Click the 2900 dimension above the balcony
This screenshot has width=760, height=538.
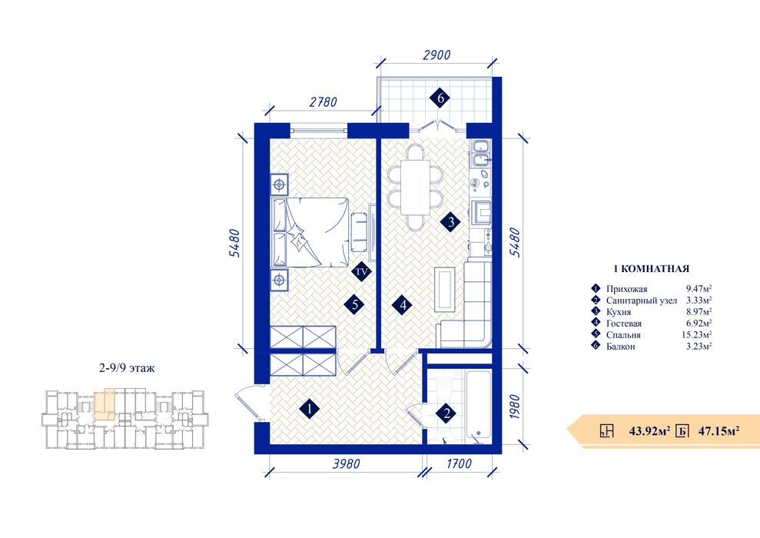(x=436, y=55)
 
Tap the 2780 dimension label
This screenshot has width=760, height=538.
(x=323, y=101)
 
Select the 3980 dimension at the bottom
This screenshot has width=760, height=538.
(x=346, y=464)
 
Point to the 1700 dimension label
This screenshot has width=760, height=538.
(x=459, y=464)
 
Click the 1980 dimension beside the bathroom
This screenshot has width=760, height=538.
(x=515, y=407)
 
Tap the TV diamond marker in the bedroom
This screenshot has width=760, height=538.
(x=361, y=271)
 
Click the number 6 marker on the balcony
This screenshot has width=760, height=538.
(x=440, y=98)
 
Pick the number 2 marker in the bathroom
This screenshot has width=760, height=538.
(x=446, y=413)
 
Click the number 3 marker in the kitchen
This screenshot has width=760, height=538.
(x=451, y=222)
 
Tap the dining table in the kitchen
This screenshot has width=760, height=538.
(x=416, y=187)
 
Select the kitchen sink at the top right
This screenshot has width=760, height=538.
(x=480, y=153)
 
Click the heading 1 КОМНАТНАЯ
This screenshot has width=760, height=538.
(x=651, y=268)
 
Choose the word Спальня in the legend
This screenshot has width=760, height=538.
(x=623, y=335)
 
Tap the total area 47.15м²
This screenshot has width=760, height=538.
(x=719, y=430)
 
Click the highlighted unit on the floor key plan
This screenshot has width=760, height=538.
(x=105, y=403)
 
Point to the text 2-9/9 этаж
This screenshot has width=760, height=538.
(x=127, y=368)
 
